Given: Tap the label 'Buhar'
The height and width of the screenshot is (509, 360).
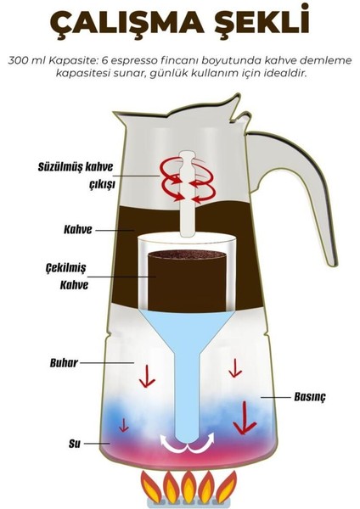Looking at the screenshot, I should [64, 362].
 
